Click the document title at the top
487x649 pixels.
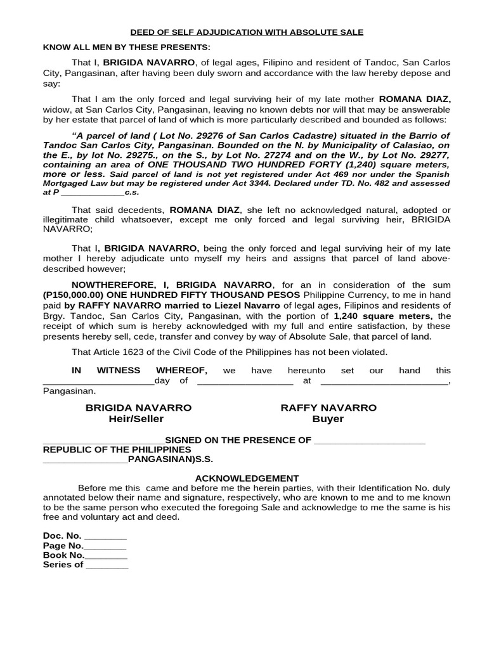pos(247,32)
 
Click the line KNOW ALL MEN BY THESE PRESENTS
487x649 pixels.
pos(126,48)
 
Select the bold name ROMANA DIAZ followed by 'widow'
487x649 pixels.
pos(415,100)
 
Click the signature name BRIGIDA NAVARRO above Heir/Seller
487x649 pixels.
pos(138,408)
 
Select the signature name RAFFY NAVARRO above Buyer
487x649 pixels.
pos(328,408)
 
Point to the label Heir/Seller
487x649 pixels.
pos(136,419)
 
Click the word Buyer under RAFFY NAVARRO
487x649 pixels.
pos(328,419)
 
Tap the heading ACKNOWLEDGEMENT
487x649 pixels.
pos(247,478)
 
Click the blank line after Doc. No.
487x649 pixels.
pos(105,536)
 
